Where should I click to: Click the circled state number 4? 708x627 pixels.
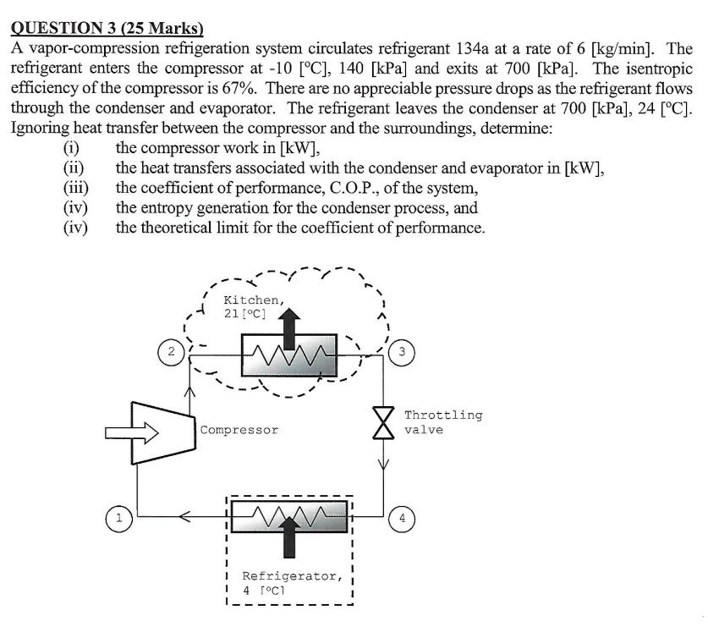tap(403, 517)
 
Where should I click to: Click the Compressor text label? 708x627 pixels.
tap(239, 430)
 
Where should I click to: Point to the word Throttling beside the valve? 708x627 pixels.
tap(443, 415)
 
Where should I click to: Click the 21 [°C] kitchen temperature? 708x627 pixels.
tap(244, 314)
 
